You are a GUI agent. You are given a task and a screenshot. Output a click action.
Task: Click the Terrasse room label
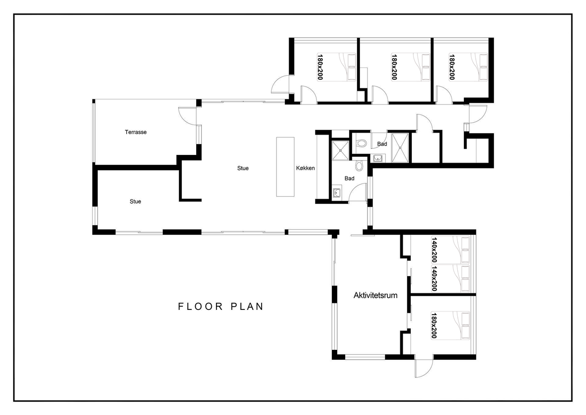click(135, 132)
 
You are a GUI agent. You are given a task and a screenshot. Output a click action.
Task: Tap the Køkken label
click(305, 168)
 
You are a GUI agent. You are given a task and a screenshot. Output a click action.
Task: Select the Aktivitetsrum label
click(376, 295)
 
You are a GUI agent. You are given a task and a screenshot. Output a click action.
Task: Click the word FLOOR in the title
click(200, 306)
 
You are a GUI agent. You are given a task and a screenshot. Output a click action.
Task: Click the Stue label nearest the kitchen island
click(243, 168)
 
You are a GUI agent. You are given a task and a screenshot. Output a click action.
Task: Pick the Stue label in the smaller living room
click(135, 202)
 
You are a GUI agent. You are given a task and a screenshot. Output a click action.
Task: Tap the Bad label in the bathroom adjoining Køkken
click(349, 178)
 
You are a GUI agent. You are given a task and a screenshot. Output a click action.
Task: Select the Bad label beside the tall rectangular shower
click(382, 144)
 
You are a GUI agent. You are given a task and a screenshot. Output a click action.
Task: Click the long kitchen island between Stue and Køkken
click(285, 167)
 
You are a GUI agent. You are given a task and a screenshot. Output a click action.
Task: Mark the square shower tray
click(340, 151)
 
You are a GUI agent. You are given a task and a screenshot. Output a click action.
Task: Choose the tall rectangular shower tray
click(400, 148)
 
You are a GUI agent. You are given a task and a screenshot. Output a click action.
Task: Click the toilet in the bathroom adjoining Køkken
click(359, 166)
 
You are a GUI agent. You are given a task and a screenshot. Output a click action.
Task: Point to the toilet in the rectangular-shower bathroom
click(361, 143)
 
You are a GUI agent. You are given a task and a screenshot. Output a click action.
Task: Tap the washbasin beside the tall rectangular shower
click(378, 158)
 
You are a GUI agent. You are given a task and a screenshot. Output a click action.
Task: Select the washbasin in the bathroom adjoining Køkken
click(336, 193)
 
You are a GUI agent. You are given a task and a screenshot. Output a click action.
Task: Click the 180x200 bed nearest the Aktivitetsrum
click(450, 326)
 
